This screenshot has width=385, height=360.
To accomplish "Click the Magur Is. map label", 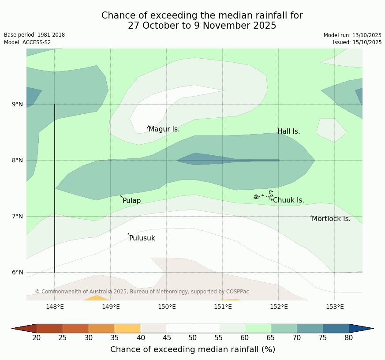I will click(164, 129).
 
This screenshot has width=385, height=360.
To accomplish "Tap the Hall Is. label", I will click(288, 131).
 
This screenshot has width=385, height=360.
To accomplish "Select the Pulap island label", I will click(131, 201).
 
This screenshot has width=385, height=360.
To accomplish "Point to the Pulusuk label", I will click(142, 238).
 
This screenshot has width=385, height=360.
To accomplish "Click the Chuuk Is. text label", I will click(288, 200).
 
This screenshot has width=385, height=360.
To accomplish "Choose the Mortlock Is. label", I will click(331, 219).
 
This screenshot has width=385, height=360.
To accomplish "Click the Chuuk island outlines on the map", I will click(264, 196).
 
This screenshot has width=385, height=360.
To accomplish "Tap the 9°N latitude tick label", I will click(18, 105).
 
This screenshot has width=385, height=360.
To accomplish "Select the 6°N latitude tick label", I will click(18, 272).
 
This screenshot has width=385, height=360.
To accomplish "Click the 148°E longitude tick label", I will click(55, 307).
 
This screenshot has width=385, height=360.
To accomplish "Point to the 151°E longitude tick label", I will click(223, 307).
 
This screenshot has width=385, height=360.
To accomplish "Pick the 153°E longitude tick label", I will click(334, 307).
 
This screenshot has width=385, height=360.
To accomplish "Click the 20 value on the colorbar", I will click(37, 338).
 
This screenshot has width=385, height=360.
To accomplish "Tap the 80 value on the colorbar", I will click(349, 338).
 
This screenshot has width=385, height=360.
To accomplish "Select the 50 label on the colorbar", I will click(193, 338).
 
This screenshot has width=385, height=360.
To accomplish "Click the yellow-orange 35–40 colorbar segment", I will click(128, 328).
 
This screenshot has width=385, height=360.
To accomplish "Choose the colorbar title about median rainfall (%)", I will click(193, 349).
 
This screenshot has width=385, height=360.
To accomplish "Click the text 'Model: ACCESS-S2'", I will click(27, 42).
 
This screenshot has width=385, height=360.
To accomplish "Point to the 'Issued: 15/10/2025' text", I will click(357, 42).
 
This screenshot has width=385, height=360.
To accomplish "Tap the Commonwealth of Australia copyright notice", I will click(142, 292).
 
